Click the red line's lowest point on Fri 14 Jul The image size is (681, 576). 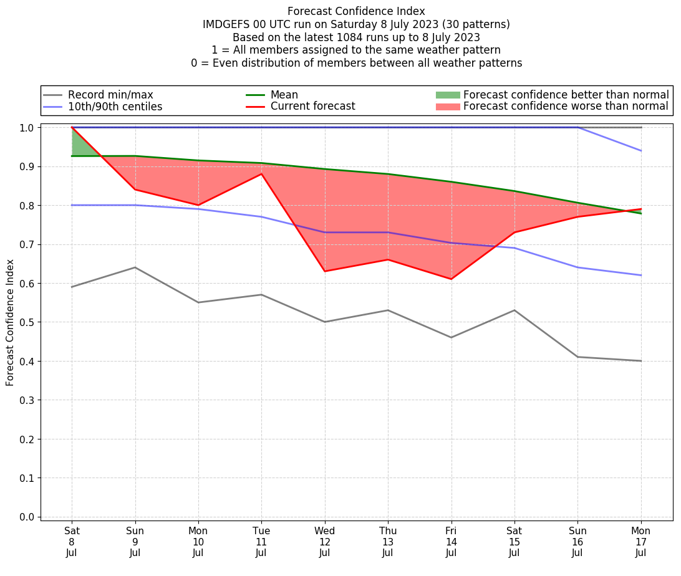point(451,279)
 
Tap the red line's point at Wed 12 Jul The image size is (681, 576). point(324,271)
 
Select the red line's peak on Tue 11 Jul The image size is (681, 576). point(261,174)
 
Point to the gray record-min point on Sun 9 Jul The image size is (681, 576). point(135,267)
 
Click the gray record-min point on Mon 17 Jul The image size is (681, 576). point(640,361)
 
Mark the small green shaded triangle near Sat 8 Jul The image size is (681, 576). point(80,145)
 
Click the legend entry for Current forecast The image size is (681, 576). point(312,107)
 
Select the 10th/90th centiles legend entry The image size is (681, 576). point(115,107)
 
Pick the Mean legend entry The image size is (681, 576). point(284,95)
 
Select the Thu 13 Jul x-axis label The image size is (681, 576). point(388,542)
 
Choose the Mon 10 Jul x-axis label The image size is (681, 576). point(198,542)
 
